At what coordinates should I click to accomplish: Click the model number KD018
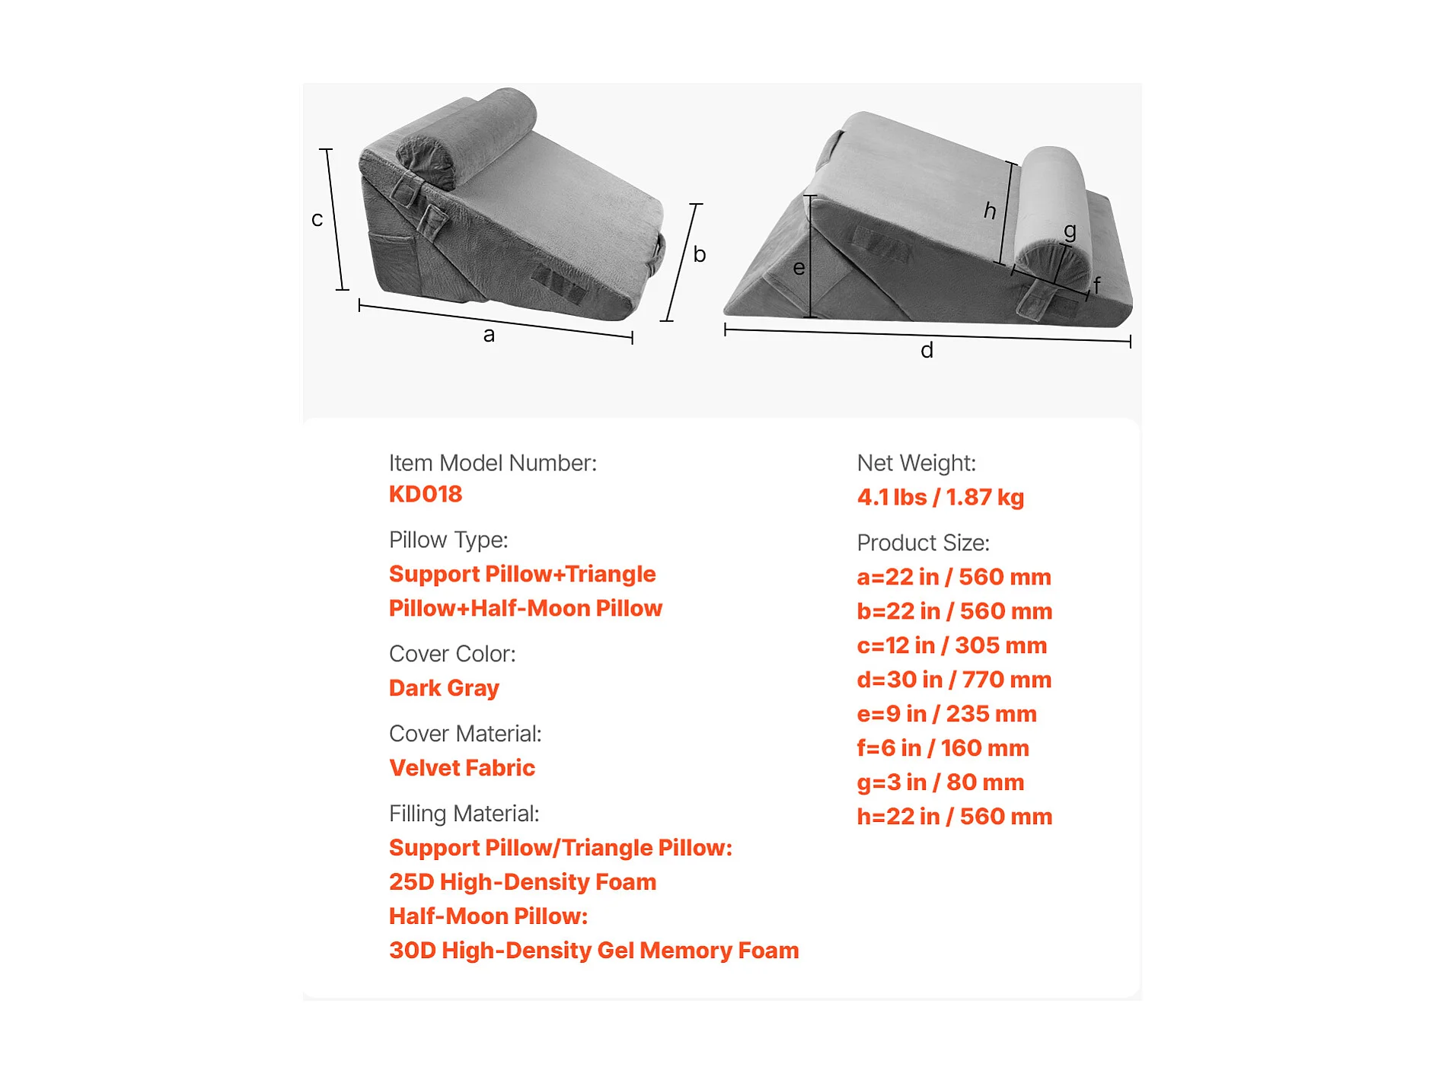[x=426, y=495]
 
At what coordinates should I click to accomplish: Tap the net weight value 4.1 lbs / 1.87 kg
[x=940, y=498]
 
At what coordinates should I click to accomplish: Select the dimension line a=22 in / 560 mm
[x=953, y=578]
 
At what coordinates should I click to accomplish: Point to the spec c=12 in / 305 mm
[x=952, y=646]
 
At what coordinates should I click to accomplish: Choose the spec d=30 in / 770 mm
[x=954, y=680]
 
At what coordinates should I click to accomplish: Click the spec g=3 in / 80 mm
[x=940, y=783]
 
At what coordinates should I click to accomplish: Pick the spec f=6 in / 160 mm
[x=943, y=749]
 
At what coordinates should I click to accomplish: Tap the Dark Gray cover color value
[x=444, y=689]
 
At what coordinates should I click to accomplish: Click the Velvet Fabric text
[x=462, y=769]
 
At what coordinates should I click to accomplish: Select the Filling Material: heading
[x=464, y=814]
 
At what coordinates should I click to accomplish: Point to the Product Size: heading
[x=923, y=543]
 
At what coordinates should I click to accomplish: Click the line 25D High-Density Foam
[x=522, y=883]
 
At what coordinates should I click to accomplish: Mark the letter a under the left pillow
[x=489, y=335]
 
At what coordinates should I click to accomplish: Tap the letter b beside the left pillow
[x=700, y=254]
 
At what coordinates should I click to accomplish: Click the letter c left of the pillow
[x=317, y=220]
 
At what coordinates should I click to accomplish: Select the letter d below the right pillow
[x=927, y=351]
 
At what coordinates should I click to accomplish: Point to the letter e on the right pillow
[x=799, y=268]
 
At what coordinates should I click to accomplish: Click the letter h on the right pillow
[x=990, y=210]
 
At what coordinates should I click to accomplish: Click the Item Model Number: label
[x=493, y=463]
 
